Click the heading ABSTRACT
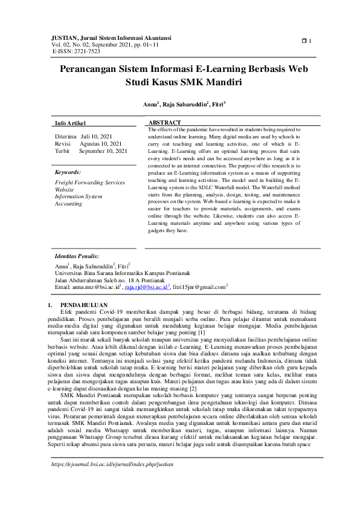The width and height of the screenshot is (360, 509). tap(164, 123)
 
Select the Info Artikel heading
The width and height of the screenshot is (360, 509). tap(71, 123)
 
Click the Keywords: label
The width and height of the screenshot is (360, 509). tap(68, 172)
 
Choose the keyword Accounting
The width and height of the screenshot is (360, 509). tap(68, 204)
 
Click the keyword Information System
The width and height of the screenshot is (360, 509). tap(79, 196)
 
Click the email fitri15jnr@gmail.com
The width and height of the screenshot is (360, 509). tap(199, 288)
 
